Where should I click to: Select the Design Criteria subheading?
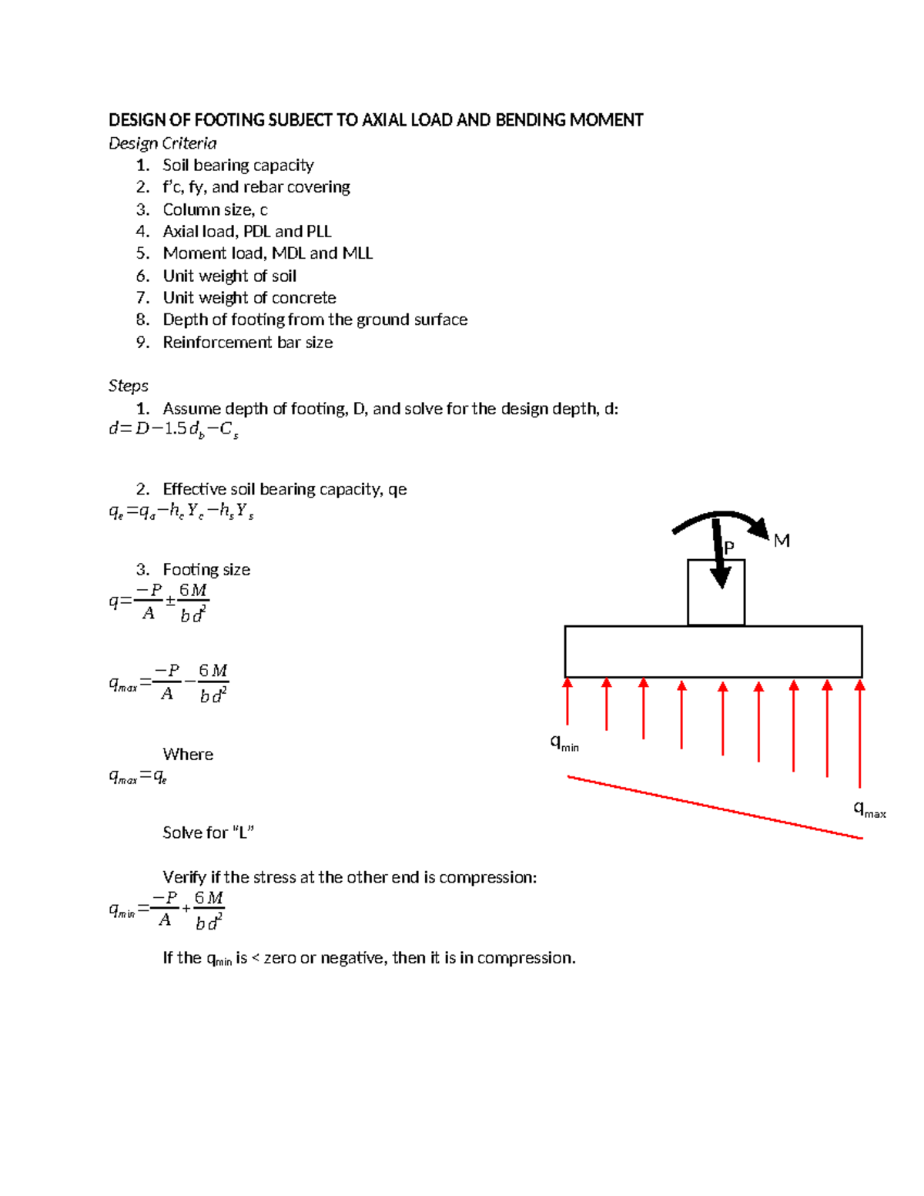(162, 143)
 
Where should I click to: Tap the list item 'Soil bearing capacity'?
(238, 166)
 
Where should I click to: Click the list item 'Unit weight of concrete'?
(249, 298)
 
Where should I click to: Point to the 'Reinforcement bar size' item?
(248, 343)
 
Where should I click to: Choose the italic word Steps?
(128, 386)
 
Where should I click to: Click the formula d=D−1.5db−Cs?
(173, 430)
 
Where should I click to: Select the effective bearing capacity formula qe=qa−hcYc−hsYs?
(181, 511)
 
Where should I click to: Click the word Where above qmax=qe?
(188, 755)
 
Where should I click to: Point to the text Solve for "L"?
(208, 833)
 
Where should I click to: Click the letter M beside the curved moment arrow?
(782, 541)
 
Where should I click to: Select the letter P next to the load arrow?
(729, 547)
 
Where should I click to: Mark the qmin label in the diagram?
(564, 743)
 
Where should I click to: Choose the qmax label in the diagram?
(869, 809)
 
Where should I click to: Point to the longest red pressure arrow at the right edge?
(860, 732)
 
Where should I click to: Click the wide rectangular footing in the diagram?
(713, 652)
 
